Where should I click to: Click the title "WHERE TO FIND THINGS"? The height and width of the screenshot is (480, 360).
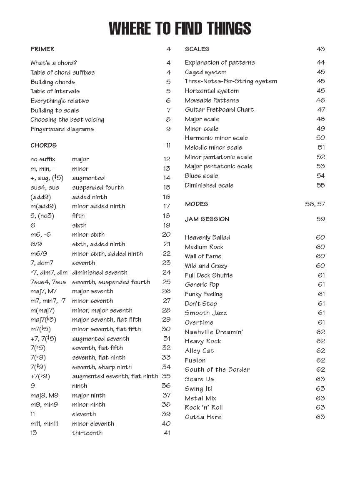(x=180, y=28)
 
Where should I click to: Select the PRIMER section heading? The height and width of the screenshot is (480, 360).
(x=42, y=49)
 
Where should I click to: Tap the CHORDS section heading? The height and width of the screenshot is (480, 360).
(x=43, y=145)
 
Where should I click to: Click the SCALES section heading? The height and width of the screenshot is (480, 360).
(x=197, y=49)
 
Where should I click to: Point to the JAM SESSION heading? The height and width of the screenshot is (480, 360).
(x=207, y=219)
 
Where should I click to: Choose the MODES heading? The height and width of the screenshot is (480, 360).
(x=196, y=204)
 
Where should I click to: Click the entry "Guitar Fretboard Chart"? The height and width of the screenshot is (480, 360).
(x=219, y=110)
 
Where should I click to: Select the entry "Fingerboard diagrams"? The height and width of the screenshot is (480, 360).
(x=62, y=129)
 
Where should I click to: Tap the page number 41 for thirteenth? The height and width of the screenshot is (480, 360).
(x=167, y=433)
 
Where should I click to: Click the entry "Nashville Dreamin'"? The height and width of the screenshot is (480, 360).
(x=214, y=332)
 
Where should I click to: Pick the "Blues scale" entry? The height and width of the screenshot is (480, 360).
(x=202, y=176)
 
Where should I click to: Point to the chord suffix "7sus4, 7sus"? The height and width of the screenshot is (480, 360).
(x=48, y=282)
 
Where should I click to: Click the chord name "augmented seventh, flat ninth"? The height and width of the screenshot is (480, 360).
(x=115, y=376)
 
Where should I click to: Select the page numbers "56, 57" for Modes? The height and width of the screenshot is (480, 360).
(x=315, y=204)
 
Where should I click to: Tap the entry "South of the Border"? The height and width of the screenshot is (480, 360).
(x=217, y=370)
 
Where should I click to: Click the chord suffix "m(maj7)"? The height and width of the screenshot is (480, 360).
(x=42, y=310)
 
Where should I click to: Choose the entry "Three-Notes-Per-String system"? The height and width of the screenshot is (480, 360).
(x=231, y=81)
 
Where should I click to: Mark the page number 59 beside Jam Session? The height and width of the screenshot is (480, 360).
(x=320, y=219)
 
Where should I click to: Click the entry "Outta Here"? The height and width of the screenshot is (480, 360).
(x=203, y=417)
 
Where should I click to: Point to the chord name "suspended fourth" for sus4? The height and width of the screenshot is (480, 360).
(x=98, y=187)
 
